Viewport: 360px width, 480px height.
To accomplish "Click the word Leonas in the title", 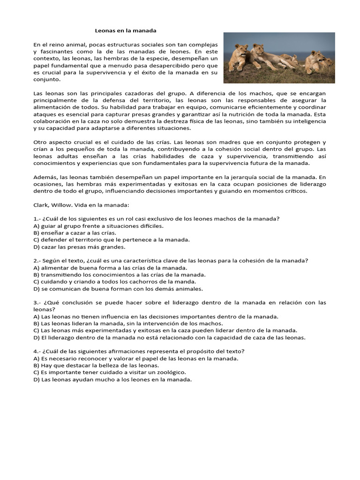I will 105,30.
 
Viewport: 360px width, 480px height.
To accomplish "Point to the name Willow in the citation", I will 63,205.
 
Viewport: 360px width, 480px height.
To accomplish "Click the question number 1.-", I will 38,219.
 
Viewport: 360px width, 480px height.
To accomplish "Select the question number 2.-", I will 38,261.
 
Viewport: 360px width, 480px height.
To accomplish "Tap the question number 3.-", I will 38,303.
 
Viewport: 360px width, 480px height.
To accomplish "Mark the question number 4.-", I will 38,352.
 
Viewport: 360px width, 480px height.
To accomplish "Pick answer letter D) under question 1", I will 36,247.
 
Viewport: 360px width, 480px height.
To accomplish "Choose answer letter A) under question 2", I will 36,268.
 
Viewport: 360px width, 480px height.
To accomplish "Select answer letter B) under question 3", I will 36,323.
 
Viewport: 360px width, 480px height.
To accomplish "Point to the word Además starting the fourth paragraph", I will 45,177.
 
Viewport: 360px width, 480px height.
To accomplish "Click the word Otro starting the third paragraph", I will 40,142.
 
